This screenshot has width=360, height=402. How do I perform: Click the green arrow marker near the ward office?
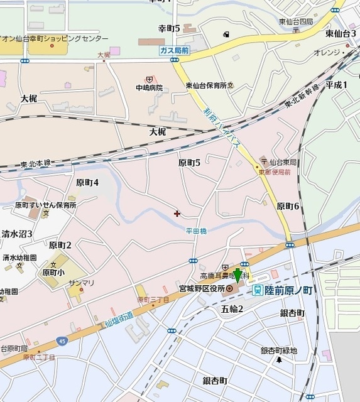(237, 274)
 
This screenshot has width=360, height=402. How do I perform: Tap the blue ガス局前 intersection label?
(174, 49)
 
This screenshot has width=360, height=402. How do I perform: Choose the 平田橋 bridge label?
(196, 231)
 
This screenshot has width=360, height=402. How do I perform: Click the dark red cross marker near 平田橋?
(176, 214)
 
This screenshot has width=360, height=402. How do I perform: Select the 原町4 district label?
(87, 182)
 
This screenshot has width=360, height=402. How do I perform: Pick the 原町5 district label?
(189, 163)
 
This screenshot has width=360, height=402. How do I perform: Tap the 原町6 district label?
(288, 206)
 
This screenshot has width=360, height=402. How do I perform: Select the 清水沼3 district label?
(16, 234)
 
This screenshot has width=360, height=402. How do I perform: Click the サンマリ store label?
(82, 283)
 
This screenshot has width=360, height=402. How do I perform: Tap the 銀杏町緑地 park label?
(279, 350)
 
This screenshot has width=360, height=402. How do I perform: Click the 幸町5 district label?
(169, 28)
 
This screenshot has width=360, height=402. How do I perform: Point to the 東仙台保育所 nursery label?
(207, 85)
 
